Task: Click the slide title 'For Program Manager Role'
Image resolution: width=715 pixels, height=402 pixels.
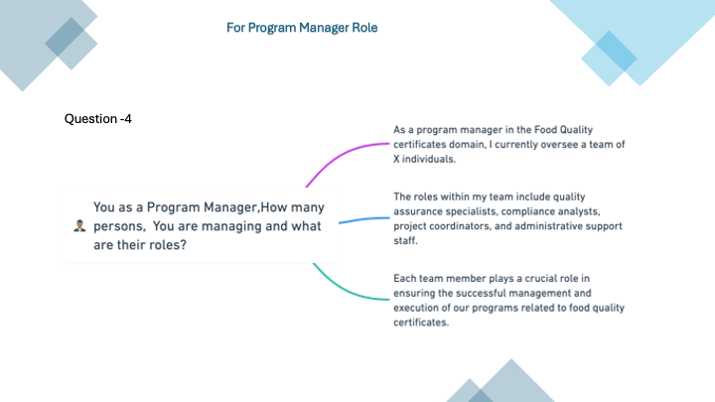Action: tap(302, 28)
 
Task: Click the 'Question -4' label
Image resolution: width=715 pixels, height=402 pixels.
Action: tap(98, 119)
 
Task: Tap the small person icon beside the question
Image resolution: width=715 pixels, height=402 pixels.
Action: tap(79, 225)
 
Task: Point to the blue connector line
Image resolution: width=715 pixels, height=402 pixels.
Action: tap(364, 219)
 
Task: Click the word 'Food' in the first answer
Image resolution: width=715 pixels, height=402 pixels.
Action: tap(545, 130)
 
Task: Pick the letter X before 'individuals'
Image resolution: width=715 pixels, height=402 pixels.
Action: tap(396, 159)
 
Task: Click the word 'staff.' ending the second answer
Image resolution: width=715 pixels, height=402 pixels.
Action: tap(405, 240)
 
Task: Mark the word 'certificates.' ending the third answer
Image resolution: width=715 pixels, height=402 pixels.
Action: tap(421, 323)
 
